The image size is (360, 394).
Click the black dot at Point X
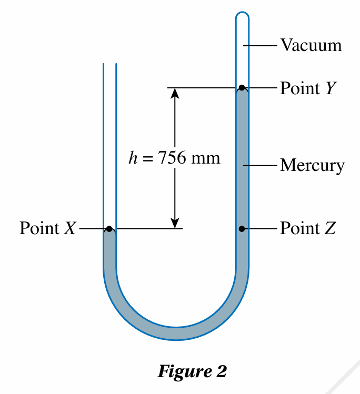coord(109,229)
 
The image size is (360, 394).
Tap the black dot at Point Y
coord(242,88)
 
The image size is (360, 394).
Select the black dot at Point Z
coord(242,229)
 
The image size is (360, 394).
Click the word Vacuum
coord(311,45)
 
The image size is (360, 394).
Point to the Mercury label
coord(312,165)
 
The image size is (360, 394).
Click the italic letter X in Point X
coord(70,228)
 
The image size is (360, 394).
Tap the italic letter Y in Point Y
coord(331,88)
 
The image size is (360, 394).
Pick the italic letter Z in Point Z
coord(331,228)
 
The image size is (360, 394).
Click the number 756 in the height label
coord(172,158)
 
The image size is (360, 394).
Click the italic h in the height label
coord(133,158)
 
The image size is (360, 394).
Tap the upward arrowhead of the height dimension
coord(175,93)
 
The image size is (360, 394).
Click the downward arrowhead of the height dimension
coord(175,223)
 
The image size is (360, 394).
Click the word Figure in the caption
coord(185,372)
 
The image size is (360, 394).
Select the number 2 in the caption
coord(221,371)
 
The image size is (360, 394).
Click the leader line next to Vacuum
coord(260,46)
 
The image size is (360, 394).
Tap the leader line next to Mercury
coord(260,166)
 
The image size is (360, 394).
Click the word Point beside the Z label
coord(300,228)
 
